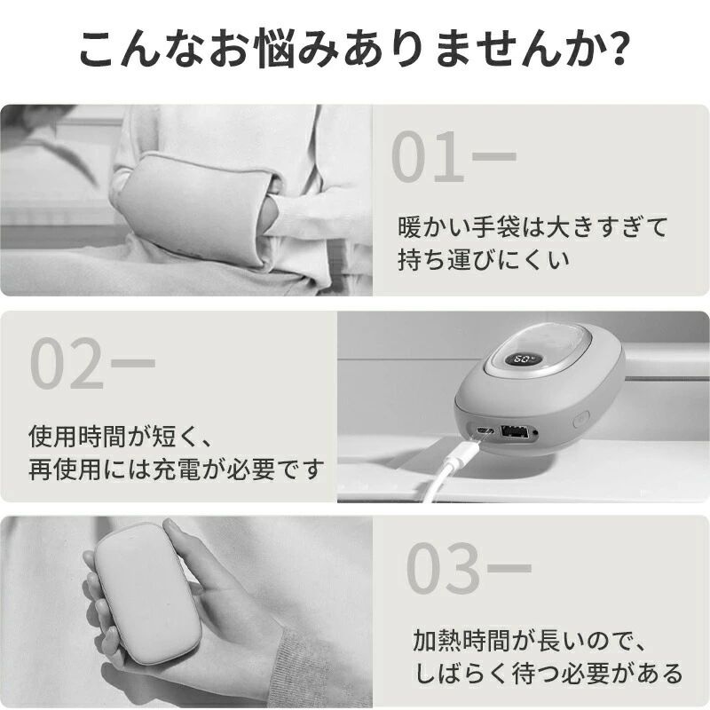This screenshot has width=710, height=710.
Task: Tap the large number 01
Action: [x=428, y=156]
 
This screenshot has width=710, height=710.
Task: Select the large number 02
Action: [x=67, y=363]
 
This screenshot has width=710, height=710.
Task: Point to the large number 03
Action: [x=443, y=568]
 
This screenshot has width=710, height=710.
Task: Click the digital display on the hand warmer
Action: [x=523, y=361]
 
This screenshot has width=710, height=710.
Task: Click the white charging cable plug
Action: [x=464, y=453]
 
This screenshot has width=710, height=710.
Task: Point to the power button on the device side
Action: [x=580, y=419]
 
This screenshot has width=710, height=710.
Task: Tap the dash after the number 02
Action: [x=133, y=363]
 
